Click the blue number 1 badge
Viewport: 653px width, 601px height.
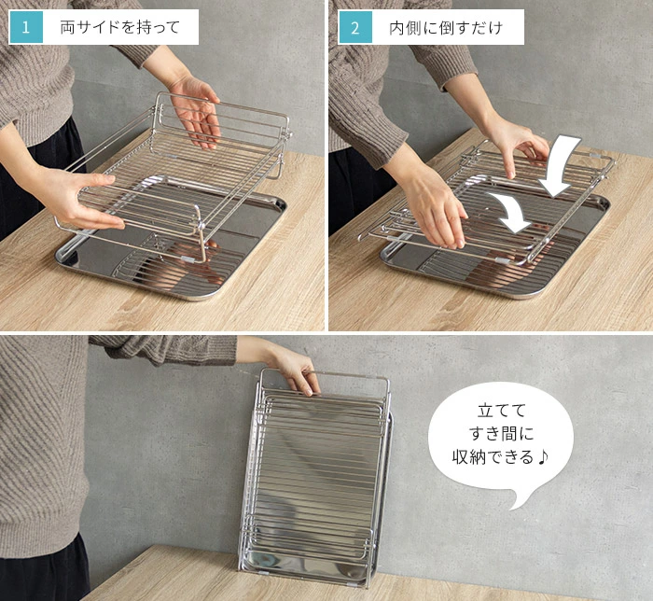(26, 27)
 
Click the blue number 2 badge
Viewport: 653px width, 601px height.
(354, 27)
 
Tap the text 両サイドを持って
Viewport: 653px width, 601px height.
(120, 27)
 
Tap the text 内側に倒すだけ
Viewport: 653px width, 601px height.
(446, 28)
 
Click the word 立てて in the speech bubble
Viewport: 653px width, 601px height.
(502, 411)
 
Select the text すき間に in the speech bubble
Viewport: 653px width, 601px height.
(502, 434)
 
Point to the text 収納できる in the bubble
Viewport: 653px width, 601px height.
(493, 457)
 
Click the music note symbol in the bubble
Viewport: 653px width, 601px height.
(543, 457)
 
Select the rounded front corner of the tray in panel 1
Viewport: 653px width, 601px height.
(207, 295)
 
